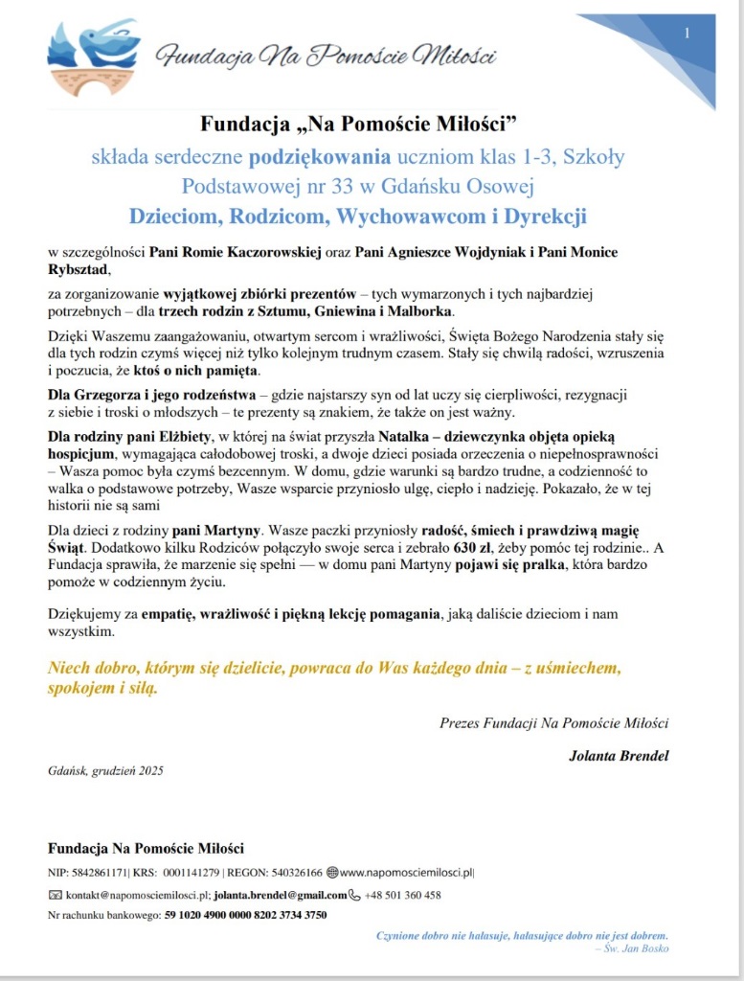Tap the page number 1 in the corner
(687, 34)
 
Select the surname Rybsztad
(80, 270)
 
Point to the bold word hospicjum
(82, 454)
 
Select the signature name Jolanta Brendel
(619, 756)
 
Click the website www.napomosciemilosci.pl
(407, 873)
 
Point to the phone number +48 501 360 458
(402, 895)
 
